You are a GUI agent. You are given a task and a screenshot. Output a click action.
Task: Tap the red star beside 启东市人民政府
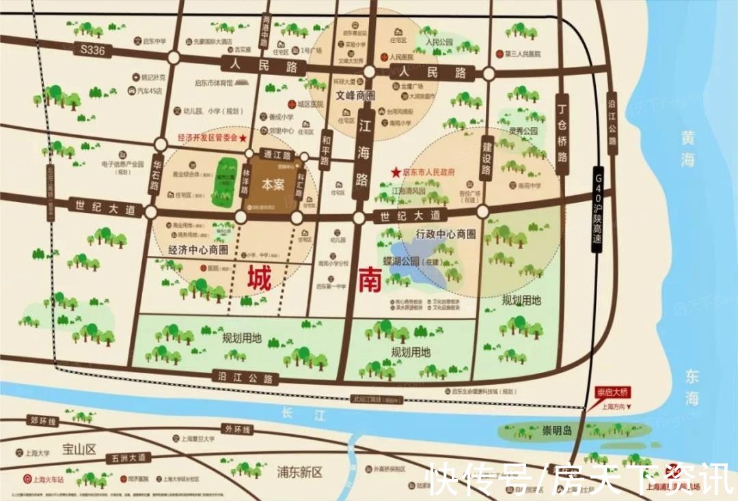tap(396, 173)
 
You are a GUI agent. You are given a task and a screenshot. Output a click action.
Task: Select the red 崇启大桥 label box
tap(612, 392)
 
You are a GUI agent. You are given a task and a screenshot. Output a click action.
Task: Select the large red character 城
tap(260, 279)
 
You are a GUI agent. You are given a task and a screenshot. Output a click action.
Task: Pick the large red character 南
tap(370, 279)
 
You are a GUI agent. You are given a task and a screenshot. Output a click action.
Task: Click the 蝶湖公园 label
tap(400, 261)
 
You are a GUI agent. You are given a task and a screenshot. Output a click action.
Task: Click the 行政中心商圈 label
tap(446, 234)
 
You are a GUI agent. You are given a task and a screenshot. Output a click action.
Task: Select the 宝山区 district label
tap(80, 448)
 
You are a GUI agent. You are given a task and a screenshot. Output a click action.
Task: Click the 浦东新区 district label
tap(299, 472)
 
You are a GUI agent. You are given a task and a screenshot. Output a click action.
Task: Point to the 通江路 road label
tap(277, 155)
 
